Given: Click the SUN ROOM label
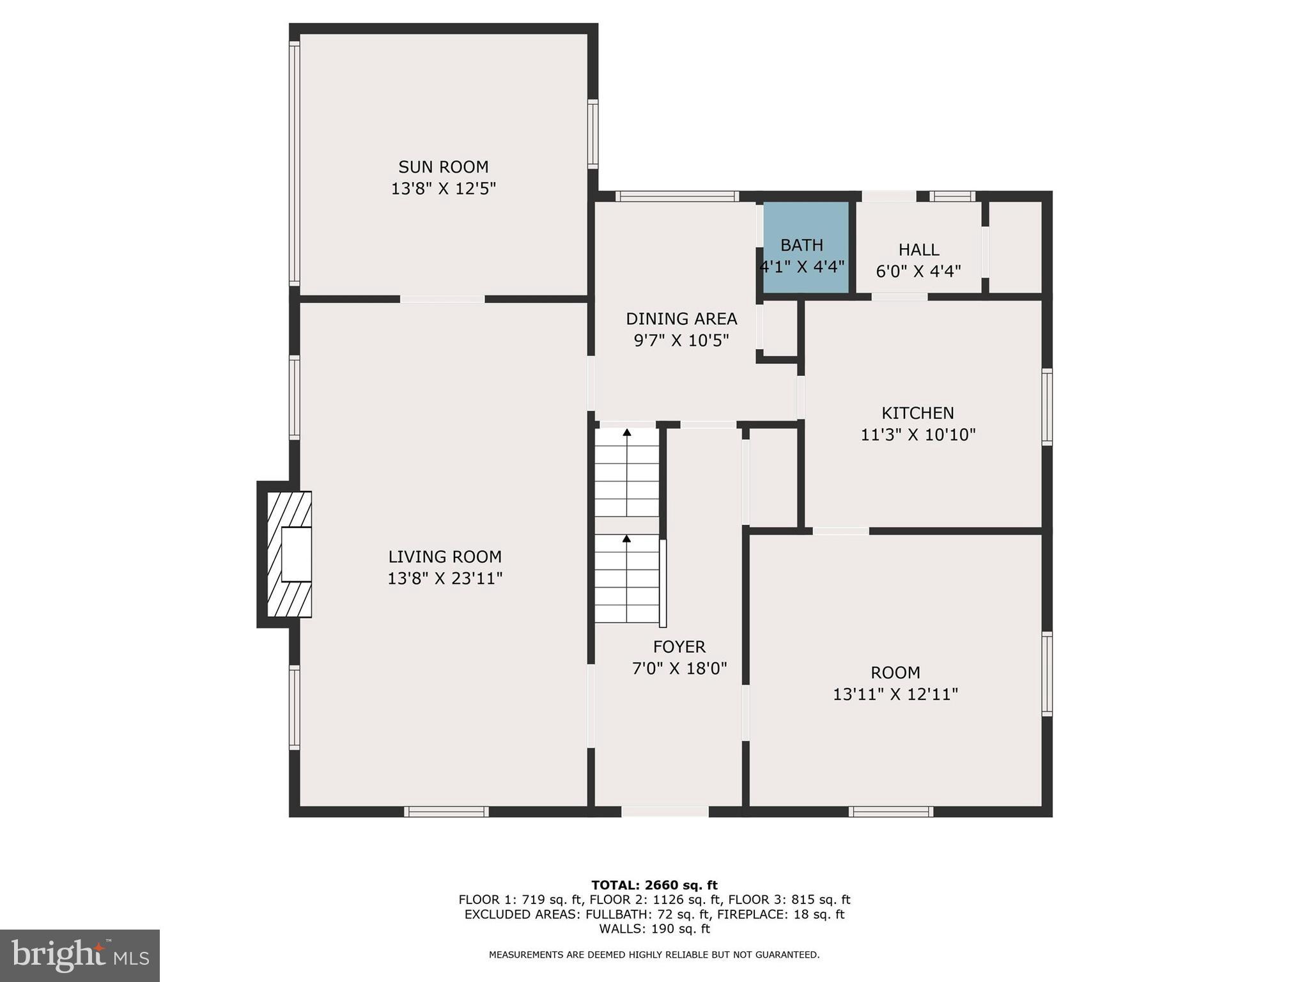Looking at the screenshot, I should click(x=443, y=167).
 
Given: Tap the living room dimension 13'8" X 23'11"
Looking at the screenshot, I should click(x=445, y=579).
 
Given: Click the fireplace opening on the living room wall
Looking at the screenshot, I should click(x=296, y=554).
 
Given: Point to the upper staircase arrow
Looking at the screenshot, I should click(x=627, y=433).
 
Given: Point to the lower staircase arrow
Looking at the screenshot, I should click(x=627, y=540).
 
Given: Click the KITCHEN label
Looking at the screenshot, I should click(x=918, y=413).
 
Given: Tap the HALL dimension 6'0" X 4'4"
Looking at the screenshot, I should click(x=918, y=272).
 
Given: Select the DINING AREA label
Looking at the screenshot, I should click(x=681, y=318).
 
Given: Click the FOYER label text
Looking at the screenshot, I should click(x=679, y=646).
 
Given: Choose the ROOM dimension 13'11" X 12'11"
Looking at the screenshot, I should click(x=895, y=694).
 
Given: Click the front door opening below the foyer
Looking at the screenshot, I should click(x=665, y=811).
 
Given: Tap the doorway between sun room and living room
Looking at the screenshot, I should click(x=442, y=299).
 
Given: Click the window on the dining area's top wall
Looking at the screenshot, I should click(x=678, y=196).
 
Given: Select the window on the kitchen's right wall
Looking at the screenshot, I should click(x=1047, y=407).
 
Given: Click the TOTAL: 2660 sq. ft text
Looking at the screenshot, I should click(x=654, y=885).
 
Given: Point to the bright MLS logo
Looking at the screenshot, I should click(x=80, y=955).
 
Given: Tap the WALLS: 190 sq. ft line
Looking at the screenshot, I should click(x=654, y=929).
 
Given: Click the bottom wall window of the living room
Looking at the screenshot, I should click(x=446, y=812).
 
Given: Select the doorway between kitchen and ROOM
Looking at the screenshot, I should click(x=840, y=531).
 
